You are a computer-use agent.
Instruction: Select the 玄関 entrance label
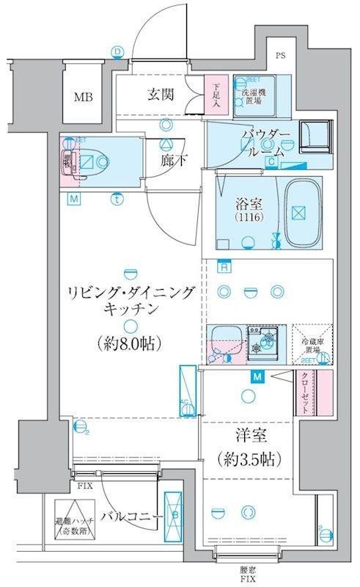pyautogui.click(x=160, y=94)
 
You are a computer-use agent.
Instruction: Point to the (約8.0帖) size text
pyautogui.click(x=129, y=343)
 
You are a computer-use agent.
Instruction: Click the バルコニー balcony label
pyautogui.click(x=132, y=517)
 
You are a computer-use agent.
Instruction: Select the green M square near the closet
pyautogui.click(x=257, y=378)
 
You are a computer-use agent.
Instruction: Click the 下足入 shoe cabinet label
pyautogui.click(x=216, y=94)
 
